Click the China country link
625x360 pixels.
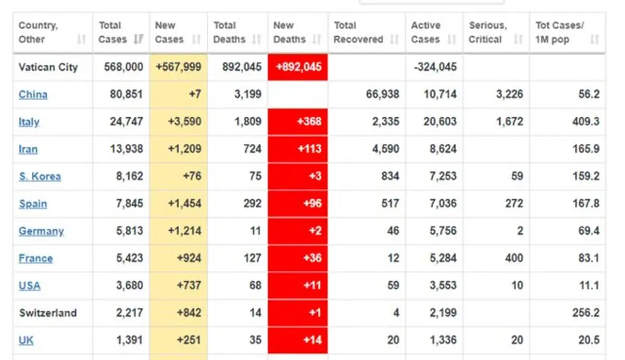click(33, 95)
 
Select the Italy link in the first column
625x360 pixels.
click(29, 122)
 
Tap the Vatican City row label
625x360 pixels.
click(48, 67)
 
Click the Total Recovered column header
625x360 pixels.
click(358, 32)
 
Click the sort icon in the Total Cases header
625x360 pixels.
click(139, 39)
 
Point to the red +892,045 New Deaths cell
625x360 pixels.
click(298, 67)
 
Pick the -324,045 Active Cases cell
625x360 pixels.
click(435, 67)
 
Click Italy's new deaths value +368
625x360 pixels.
click(309, 121)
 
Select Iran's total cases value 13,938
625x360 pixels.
click(127, 149)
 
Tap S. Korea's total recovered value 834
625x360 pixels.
click(390, 176)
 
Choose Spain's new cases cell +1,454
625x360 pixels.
click(184, 203)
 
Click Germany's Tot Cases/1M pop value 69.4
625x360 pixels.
click(589, 231)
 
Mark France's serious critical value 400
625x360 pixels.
click(514, 258)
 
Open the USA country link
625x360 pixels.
click(30, 286)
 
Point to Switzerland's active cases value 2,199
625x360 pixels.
click(443, 313)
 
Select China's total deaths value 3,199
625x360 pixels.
click(248, 94)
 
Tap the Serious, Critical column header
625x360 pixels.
click(488, 32)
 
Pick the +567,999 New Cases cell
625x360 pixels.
click(179, 67)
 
